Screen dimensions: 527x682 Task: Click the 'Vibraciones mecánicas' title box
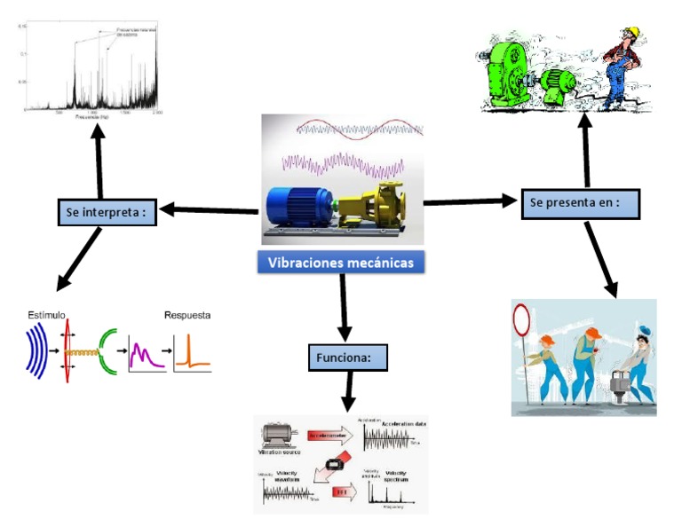340,263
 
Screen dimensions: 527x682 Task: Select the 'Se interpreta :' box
105,213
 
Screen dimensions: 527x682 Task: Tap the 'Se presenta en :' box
579,203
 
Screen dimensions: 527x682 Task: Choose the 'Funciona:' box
350,358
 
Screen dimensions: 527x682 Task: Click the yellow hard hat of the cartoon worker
631,35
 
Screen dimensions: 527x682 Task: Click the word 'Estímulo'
47,315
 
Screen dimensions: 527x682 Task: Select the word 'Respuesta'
187,315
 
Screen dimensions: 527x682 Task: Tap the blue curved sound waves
36,350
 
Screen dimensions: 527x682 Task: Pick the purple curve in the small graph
145,355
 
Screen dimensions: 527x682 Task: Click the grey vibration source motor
278,435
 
